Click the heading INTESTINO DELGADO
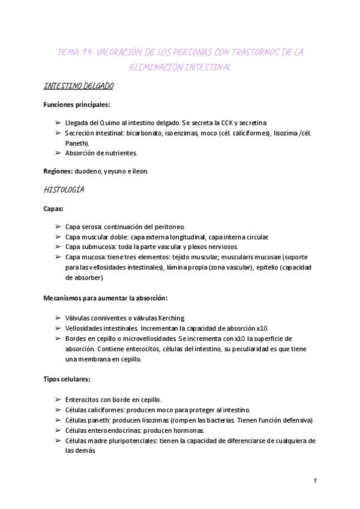coord(79,86)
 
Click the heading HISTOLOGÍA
coord(64,190)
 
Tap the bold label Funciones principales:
coord(76,104)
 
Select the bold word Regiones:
coord(58,171)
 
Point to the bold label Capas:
coord(53,209)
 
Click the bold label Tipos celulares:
coord(67,380)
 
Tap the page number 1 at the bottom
coord(314,481)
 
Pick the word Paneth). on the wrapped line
coord(77,143)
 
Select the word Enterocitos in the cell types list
coord(83,400)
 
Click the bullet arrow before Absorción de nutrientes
coord(57,153)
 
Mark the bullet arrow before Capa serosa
coord(57,227)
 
